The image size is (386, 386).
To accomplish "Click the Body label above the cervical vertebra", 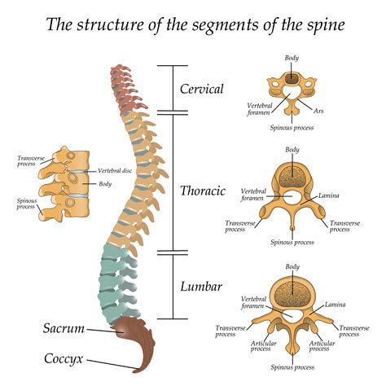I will coord(292,58).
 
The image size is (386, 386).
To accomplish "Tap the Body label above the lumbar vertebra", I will coord(292,267).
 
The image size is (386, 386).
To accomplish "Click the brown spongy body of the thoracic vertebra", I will coord(292,177).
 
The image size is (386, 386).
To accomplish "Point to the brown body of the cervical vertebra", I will coord(292,79).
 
